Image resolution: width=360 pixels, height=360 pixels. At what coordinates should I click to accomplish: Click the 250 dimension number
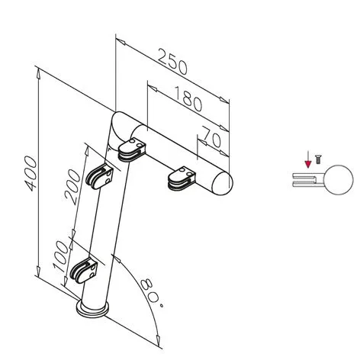click(x=172, y=62)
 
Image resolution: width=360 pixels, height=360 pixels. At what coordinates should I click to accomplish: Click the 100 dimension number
click(x=59, y=260)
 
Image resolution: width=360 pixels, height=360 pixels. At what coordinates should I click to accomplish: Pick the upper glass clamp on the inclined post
click(x=101, y=179)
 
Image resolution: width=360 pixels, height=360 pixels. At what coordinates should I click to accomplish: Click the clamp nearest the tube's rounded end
click(x=179, y=179)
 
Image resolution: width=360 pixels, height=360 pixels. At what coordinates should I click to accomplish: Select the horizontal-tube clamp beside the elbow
click(x=132, y=151)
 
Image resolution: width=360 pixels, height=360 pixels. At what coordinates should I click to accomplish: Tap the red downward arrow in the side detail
click(x=307, y=162)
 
